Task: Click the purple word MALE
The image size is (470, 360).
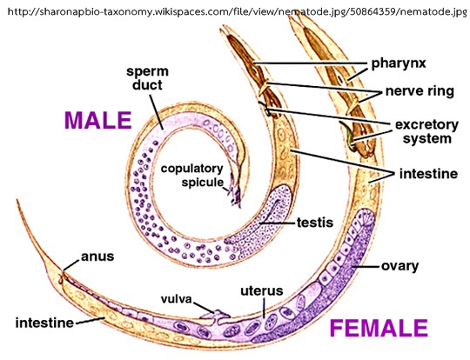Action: point(98,120)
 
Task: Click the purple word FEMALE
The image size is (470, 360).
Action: point(379,328)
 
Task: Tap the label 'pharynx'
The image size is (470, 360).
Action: point(399,63)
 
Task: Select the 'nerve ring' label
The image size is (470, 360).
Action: point(420,91)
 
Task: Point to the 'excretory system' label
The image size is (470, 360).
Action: point(426,131)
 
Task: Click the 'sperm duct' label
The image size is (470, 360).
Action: point(147,78)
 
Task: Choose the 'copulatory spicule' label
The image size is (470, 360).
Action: point(192,175)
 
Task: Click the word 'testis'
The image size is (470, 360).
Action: point(315,223)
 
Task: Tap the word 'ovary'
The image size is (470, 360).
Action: point(399,266)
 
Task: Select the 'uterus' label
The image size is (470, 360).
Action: point(262,290)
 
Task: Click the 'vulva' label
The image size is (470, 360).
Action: point(176,299)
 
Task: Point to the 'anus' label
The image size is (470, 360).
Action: point(97,257)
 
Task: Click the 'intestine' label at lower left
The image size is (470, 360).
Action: point(44,323)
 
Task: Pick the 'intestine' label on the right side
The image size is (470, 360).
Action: point(428,174)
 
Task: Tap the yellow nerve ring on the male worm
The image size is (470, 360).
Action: point(264,87)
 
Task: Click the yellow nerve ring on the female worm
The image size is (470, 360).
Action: point(352,106)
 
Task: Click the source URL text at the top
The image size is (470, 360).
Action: point(237,11)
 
